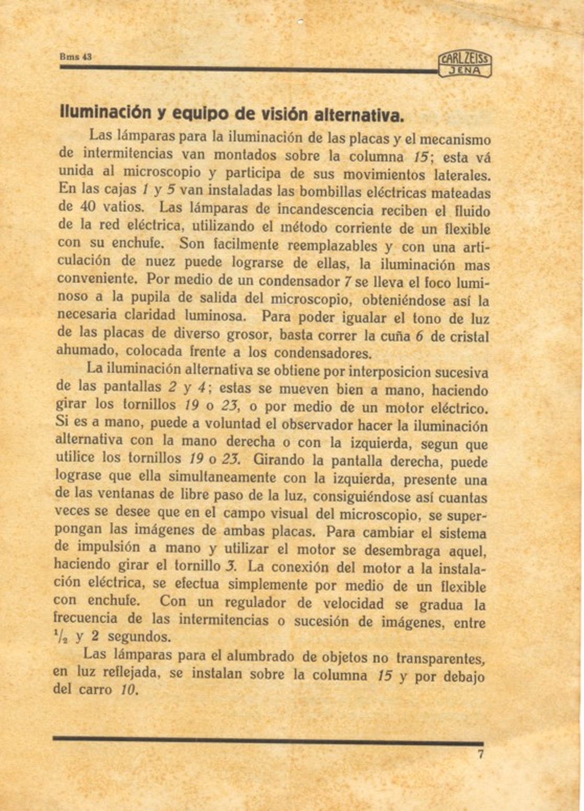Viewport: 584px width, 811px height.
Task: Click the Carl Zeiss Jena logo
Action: click(465, 65)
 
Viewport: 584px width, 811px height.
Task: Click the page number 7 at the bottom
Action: click(480, 754)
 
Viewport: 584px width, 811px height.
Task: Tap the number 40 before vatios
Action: click(87, 207)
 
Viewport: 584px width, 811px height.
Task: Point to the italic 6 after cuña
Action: click(419, 336)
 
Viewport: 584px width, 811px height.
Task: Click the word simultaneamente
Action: click(222, 478)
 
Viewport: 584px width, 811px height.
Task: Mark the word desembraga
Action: click(403, 550)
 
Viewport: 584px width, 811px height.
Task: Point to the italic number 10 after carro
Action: click(128, 691)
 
